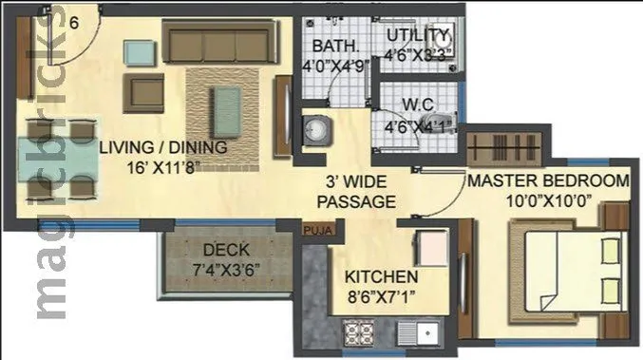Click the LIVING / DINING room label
(x=163, y=147)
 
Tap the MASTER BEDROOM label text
(x=547, y=180)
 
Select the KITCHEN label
(x=381, y=276)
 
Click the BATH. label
(x=331, y=46)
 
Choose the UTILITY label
(x=414, y=36)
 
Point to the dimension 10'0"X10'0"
(x=547, y=200)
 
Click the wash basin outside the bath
(x=315, y=130)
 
